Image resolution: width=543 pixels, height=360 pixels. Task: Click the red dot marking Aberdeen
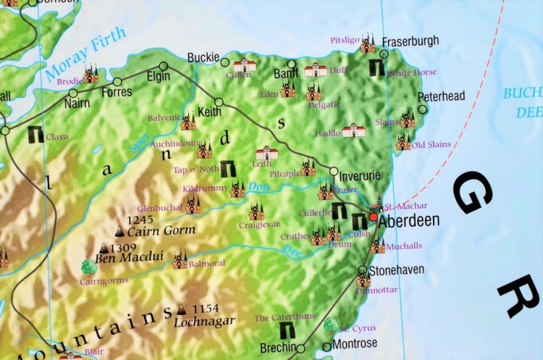373,217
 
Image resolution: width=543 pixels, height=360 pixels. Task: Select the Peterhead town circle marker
423,109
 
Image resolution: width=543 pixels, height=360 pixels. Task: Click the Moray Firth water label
85,54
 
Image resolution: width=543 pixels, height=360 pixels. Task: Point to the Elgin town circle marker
164,67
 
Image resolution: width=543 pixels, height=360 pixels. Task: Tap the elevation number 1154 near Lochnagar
206,309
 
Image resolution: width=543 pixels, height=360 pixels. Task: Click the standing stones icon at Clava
34,134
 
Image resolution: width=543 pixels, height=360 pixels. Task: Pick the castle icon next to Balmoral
180,261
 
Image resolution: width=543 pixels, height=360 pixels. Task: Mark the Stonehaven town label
396,270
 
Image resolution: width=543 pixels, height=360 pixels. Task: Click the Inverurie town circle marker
334,172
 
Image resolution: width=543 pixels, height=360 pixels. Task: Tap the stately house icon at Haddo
353,130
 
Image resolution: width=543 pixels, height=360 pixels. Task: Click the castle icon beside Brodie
90,73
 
